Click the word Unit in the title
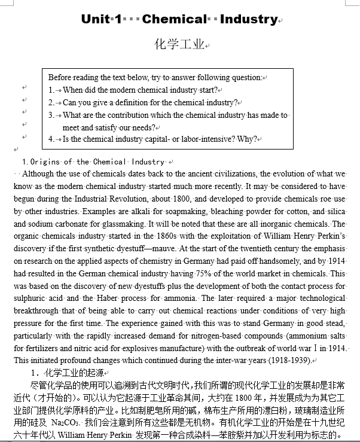[x=95, y=19]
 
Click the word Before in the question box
[x=60, y=77]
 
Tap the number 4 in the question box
[x=51, y=139]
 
